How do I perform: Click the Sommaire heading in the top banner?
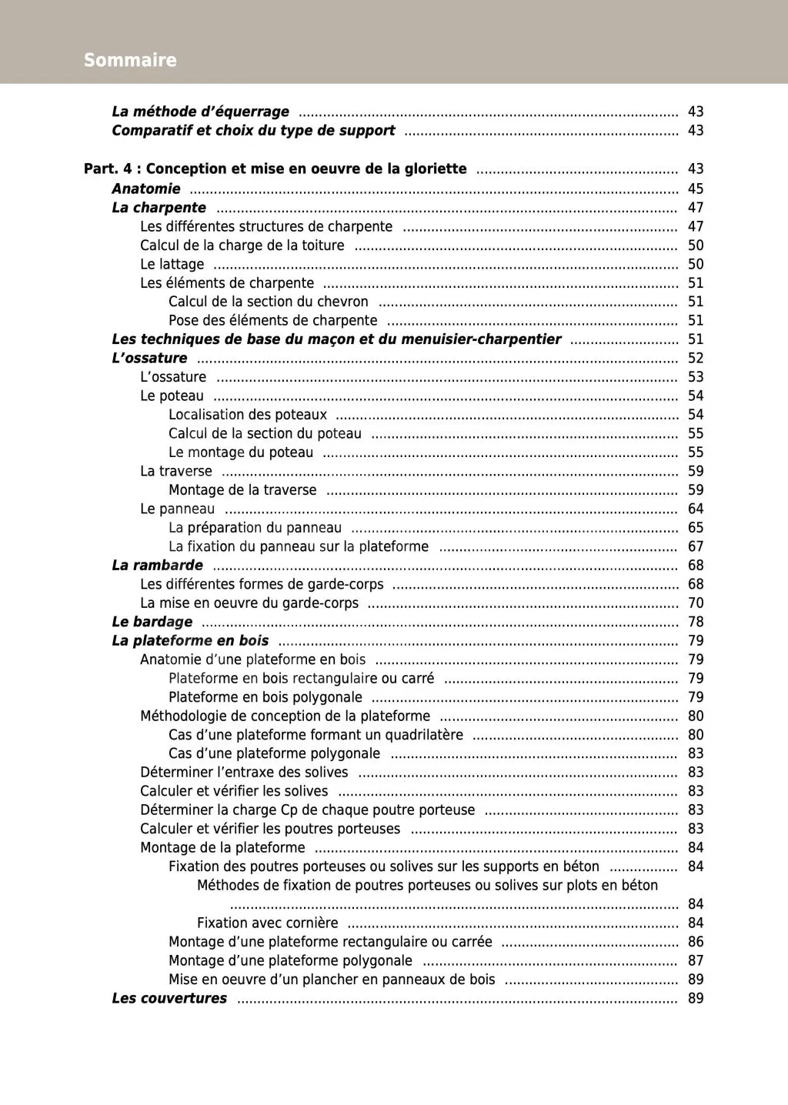[x=130, y=60]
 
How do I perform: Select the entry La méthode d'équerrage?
[x=200, y=112]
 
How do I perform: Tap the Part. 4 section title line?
[x=275, y=169]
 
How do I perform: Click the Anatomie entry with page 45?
[x=146, y=189]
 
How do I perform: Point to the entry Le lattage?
[x=172, y=264]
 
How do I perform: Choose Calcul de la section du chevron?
[x=268, y=302]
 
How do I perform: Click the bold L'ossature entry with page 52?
[x=149, y=358]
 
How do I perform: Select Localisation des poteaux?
[x=247, y=415]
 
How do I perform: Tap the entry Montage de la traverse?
[x=242, y=490]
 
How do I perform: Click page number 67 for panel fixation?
[x=696, y=546]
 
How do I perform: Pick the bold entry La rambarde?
[x=157, y=565]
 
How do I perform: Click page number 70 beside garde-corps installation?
[x=696, y=603]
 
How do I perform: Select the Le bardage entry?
[x=152, y=622]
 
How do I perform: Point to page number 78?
[x=696, y=622]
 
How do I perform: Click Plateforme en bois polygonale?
[x=265, y=697]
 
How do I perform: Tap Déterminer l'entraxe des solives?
[x=244, y=772]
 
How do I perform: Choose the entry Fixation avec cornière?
[x=267, y=923]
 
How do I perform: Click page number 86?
[x=696, y=942]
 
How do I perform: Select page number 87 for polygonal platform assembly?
[x=696, y=960]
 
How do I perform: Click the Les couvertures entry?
[x=169, y=998]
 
